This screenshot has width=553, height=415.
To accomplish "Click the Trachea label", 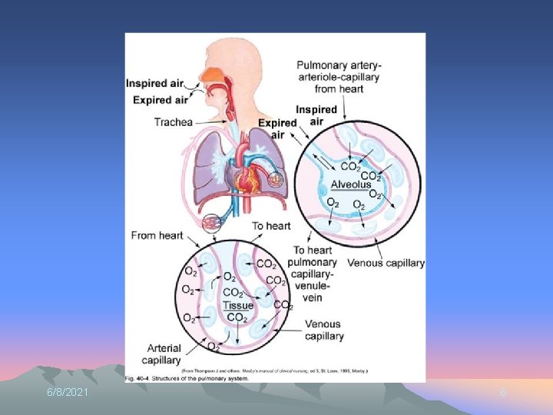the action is pyautogui.click(x=173, y=122).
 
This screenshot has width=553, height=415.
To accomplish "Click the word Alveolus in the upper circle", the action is pyautogui.click(x=351, y=184).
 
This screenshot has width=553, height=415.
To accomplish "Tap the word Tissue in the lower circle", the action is pyautogui.click(x=237, y=306).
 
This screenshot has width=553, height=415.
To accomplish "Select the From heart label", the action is pyautogui.click(x=157, y=235).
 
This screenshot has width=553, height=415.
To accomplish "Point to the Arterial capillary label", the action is pyautogui.click(x=161, y=354).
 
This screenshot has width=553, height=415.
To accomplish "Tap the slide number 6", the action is pyautogui.click(x=503, y=393).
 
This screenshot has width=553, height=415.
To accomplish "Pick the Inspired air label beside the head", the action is pyautogui.click(x=156, y=83).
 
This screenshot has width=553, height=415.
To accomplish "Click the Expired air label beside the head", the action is pyautogui.click(x=161, y=99).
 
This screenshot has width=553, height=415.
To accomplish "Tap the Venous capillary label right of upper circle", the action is pyautogui.click(x=386, y=263).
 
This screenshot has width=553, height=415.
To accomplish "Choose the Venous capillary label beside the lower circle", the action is pyautogui.click(x=324, y=330).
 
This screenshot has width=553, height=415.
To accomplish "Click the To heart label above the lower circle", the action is pyautogui.click(x=271, y=226).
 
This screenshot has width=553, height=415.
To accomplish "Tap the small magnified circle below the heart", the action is pyautogui.click(x=213, y=224).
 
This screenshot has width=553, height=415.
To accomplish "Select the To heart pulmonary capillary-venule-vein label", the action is pyautogui.click(x=313, y=274).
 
